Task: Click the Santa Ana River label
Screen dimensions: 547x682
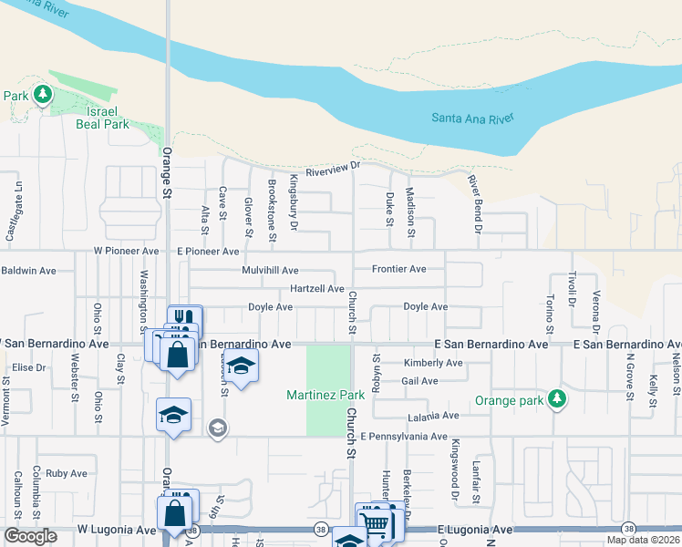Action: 472,119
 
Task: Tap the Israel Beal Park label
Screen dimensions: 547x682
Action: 103,117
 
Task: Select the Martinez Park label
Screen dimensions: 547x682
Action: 325,395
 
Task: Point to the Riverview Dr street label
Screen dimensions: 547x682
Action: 333,169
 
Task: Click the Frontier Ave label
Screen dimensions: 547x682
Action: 399,269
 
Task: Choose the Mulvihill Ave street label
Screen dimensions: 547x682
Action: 270,271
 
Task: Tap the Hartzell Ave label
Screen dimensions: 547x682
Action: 316,289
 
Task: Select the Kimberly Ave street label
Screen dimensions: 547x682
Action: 433,363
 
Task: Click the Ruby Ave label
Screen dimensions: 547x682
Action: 66,473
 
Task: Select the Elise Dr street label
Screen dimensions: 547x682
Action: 28,367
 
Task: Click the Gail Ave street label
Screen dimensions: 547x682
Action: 419,381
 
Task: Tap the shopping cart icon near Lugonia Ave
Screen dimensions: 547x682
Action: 374,522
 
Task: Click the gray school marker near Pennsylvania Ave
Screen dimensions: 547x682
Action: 217,427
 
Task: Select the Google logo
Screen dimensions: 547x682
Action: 30,536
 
